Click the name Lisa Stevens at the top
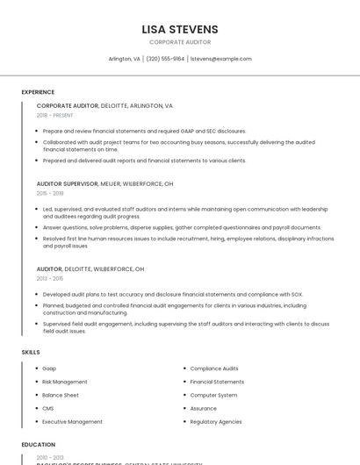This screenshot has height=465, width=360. click(180, 29)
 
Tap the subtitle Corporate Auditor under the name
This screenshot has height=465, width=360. click(180, 41)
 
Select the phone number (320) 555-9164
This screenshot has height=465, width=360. click(165, 59)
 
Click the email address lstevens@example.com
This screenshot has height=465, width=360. click(220, 59)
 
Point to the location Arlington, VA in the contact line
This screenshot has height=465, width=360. click(124, 59)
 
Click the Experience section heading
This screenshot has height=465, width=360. click(38, 92)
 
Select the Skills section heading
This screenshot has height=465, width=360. click(31, 352)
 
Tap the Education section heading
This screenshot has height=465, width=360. click(39, 445)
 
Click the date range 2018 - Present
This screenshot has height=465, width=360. click(54, 115)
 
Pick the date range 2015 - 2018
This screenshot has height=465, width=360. click(50, 193)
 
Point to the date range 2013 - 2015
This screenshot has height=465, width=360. click(50, 279)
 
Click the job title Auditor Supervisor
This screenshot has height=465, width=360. click(67, 183)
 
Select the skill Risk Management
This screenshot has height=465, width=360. click(65, 382)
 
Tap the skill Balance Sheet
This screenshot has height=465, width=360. click(61, 395)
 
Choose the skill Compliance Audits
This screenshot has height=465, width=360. click(214, 368)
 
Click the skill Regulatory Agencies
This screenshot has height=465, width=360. click(216, 421)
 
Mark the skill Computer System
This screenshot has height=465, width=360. click(213, 395)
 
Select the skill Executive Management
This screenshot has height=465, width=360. click(72, 421)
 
